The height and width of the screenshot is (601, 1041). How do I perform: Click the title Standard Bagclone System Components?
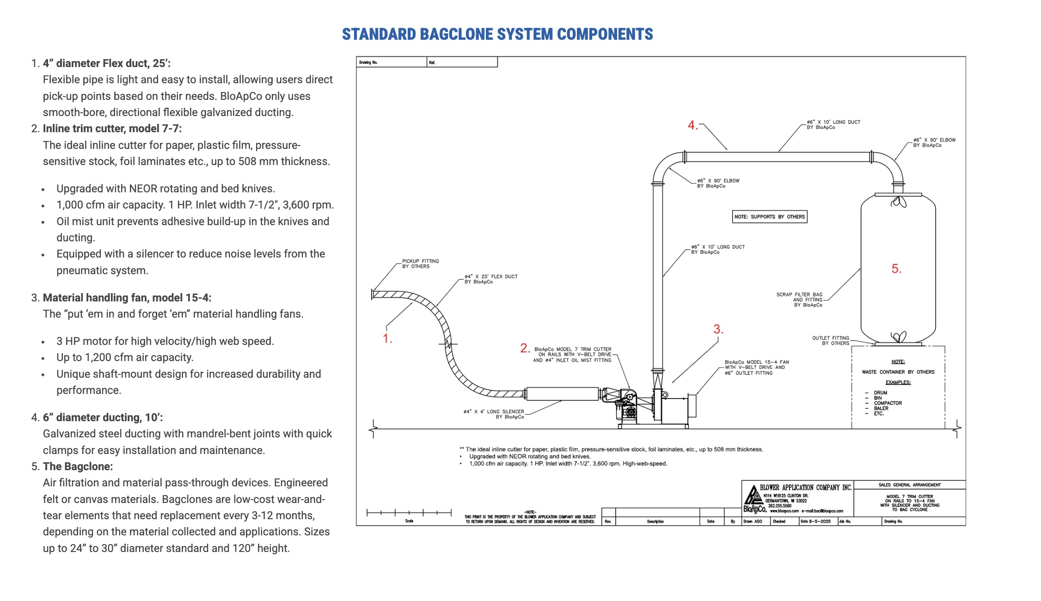coord(497,34)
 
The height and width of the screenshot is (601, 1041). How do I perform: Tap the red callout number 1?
coord(387,339)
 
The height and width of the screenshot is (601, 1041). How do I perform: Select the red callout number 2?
coord(524,348)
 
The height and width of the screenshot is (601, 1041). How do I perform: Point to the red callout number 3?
coord(717,329)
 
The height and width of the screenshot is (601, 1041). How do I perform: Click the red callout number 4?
coord(692,125)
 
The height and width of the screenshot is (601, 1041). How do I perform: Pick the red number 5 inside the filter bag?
coord(896,269)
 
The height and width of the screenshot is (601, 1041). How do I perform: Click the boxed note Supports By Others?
coord(770,217)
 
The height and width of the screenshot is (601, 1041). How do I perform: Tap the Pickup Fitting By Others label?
coord(420,264)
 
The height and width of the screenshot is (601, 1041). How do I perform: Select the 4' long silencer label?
coord(494,414)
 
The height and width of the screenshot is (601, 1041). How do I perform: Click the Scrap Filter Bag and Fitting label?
coord(800,300)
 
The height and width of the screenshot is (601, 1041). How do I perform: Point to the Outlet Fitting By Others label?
coord(831,341)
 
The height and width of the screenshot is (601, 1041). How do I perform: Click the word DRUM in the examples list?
coord(880,393)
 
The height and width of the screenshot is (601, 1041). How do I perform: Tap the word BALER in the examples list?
coord(881,409)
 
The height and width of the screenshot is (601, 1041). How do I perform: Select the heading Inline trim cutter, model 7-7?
coord(112,129)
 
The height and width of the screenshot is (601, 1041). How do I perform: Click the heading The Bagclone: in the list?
coord(78,466)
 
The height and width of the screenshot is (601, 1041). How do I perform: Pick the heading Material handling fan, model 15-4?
coord(127,298)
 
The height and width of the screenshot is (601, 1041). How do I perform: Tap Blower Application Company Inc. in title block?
coord(805,488)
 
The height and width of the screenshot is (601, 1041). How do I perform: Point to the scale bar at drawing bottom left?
coord(409,513)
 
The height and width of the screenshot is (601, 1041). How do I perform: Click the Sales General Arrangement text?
coord(909,485)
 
